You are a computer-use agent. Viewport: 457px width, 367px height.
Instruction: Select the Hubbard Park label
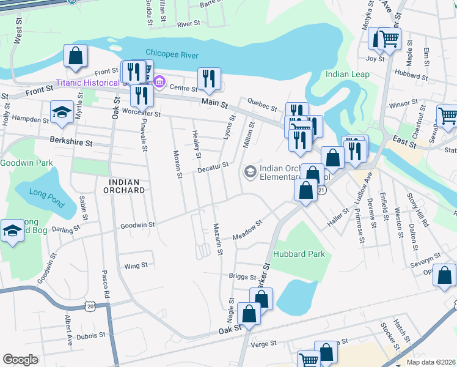299,254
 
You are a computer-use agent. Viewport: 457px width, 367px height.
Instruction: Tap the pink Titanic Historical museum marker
159,81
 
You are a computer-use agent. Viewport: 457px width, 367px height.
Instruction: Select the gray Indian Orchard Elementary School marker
249,172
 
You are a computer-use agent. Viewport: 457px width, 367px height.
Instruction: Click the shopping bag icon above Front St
75,56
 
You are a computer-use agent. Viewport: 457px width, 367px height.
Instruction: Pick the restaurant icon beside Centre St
209,78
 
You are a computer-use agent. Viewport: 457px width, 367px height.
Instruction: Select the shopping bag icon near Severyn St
445,275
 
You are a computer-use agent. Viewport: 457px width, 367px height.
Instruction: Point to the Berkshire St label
72,143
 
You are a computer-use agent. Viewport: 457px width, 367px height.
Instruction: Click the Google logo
20,359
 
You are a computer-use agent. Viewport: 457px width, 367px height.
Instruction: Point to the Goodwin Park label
26,163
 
